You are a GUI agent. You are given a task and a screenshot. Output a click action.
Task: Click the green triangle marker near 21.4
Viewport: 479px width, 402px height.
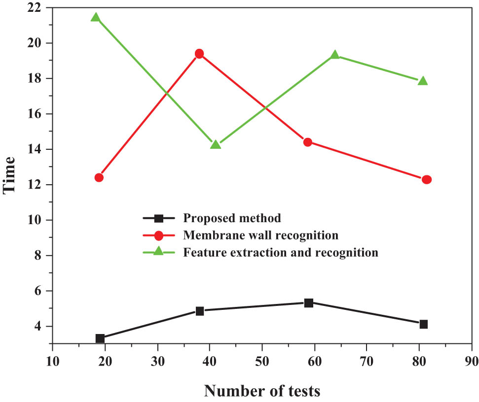pyautogui.click(x=95, y=18)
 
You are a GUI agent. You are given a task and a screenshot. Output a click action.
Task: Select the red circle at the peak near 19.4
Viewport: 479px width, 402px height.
pyautogui.click(x=199, y=54)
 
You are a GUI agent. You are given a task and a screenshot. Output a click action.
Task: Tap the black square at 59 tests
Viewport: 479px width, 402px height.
pyautogui.click(x=309, y=302)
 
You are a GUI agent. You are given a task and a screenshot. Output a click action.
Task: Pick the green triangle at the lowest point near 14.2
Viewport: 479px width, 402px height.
pyautogui.click(x=216, y=145)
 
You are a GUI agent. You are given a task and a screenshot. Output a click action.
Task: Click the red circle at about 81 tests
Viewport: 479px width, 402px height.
pyautogui.click(x=427, y=180)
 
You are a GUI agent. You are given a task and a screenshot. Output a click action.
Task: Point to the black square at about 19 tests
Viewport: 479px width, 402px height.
pyautogui.click(x=100, y=338)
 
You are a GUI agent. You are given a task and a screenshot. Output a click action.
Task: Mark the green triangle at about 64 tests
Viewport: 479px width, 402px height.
pyautogui.click(x=335, y=55)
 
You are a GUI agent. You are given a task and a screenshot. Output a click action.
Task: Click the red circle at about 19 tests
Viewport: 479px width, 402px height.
pyautogui.click(x=99, y=177)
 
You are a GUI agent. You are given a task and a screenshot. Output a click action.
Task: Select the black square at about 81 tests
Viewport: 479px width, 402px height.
pyautogui.click(x=423, y=324)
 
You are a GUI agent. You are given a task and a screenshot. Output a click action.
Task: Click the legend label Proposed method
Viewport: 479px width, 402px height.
pyautogui.click(x=231, y=218)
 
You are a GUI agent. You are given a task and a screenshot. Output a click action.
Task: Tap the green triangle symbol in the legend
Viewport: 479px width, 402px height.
pyautogui.click(x=158, y=252)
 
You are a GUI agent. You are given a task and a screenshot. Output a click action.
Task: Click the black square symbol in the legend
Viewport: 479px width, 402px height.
pyautogui.click(x=158, y=218)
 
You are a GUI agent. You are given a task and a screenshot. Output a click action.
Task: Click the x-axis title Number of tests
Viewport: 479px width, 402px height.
pyautogui.click(x=262, y=391)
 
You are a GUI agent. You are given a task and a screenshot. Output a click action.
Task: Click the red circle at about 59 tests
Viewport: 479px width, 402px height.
pyautogui.click(x=307, y=142)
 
